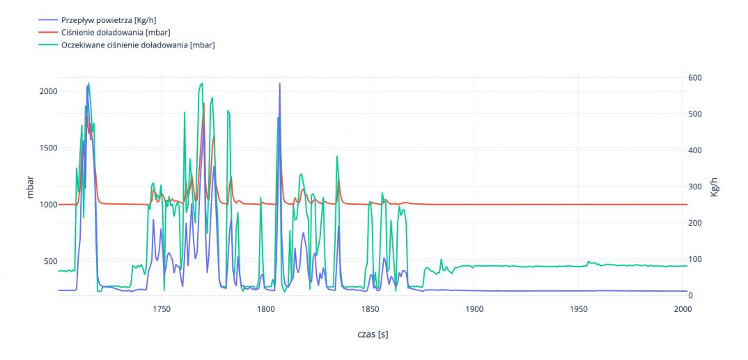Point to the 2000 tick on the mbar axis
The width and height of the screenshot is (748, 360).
48,91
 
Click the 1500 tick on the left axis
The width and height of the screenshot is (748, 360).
48,148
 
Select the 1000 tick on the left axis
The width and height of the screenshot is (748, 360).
48,205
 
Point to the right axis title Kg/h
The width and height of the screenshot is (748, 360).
714,187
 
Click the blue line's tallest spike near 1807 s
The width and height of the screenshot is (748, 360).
280,84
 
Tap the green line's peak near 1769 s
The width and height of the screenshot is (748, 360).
201,84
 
